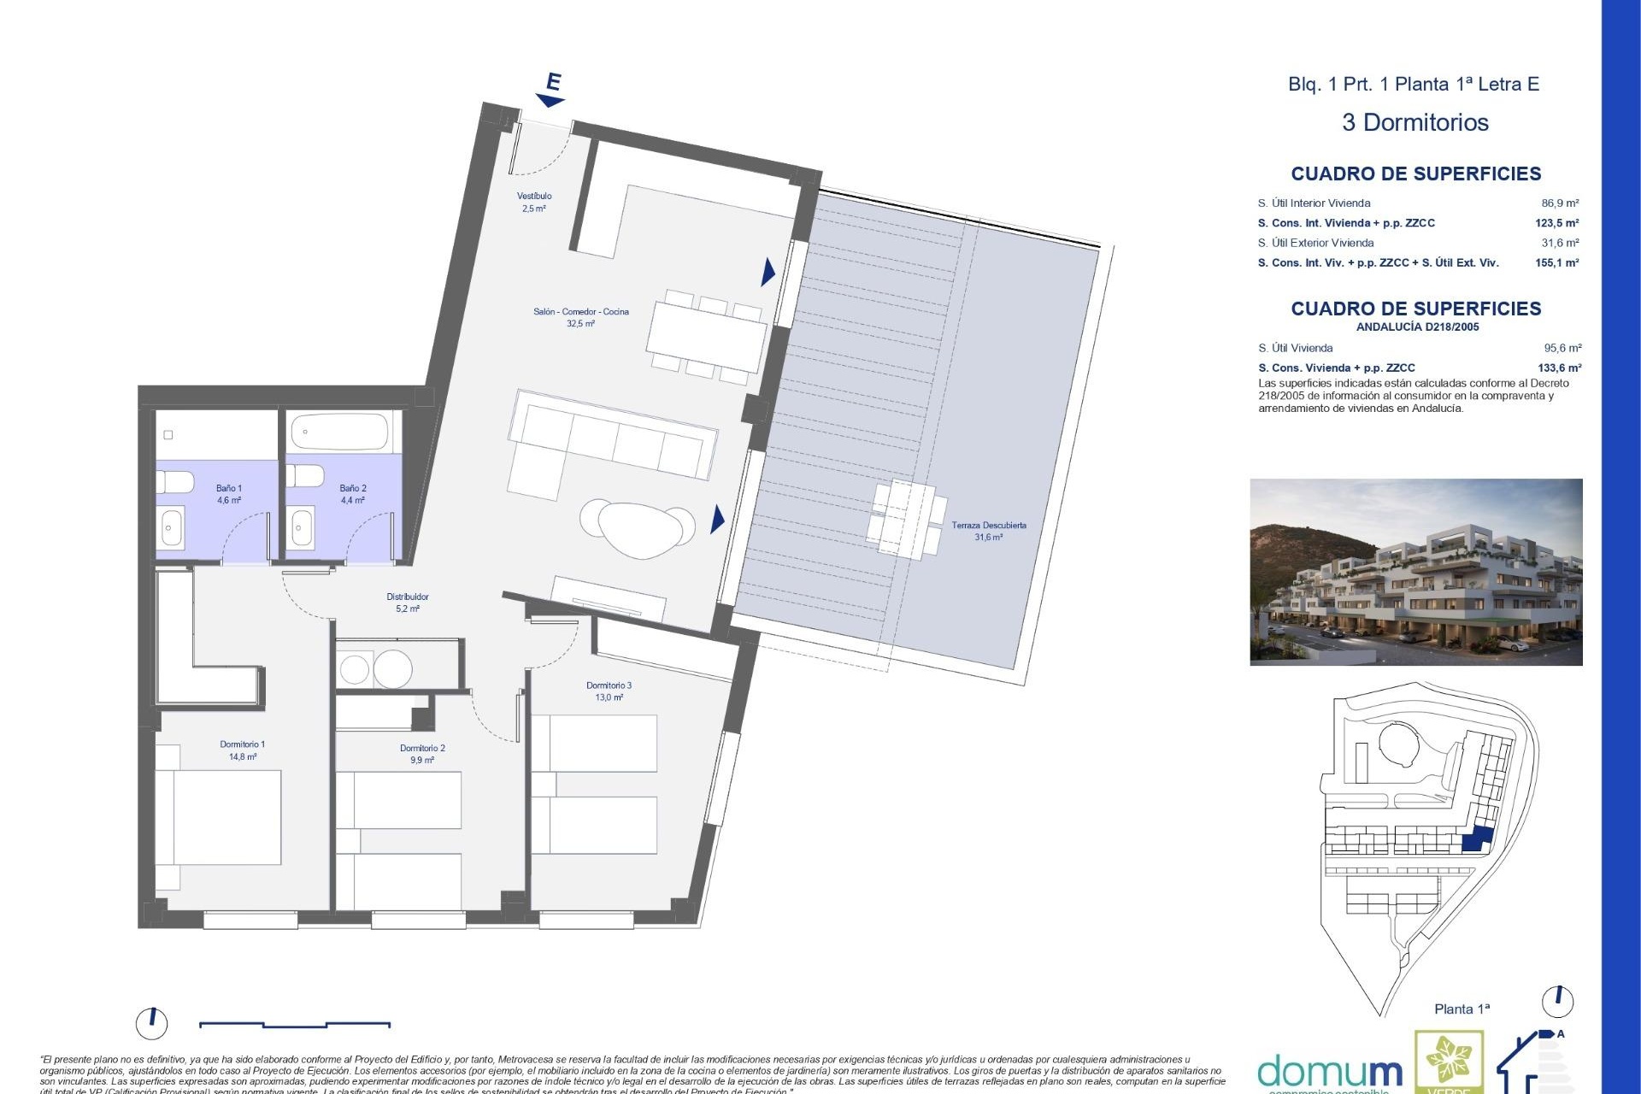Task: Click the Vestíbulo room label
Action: pyautogui.click(x=534, y=202)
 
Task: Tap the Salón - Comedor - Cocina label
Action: pyautogui.click(x=580, y=317)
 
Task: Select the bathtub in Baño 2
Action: pyautogui.click(x=339, y=432)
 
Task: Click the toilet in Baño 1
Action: pyautogui.click(x=174, y=481)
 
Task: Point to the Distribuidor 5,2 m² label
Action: pyautogui.click(x=408, y=603)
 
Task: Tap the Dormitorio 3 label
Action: pyautogui.click(x=609, y=691)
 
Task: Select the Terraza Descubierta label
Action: pyautogui.click(x=989, y=531)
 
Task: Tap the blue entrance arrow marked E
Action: pyautogui.click(x=551, y=90)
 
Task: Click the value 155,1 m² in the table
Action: pyautogui.click(x=1556, y=263)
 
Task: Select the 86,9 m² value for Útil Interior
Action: pyautogui.click(x=1560, y=203)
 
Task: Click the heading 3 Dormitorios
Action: pyautogui.click(x=1415, y=122)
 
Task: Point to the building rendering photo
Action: pyautogui.click(x=1415, y=572)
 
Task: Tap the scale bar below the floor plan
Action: pyautogui.click(x=295, y=1024)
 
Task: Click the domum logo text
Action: pyautogui.click(x=1329, y=1072)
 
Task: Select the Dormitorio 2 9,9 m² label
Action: pyautogui.click(x=422, y=754)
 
